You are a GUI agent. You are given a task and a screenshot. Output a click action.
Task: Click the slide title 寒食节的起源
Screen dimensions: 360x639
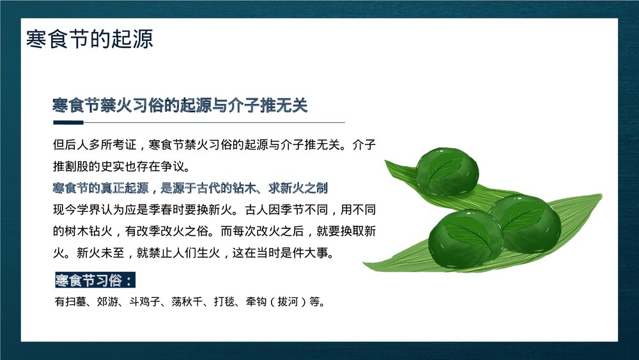coord(89,39)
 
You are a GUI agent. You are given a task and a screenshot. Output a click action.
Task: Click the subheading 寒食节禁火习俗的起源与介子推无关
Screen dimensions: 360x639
coord(180,106)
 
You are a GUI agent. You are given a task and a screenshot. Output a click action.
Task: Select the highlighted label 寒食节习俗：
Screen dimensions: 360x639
coord(95,281)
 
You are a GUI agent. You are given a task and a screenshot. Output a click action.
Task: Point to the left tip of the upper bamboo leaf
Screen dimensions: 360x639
coord(387,164)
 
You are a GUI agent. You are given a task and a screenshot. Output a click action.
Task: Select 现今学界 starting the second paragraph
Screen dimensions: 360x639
coord(76,209)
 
